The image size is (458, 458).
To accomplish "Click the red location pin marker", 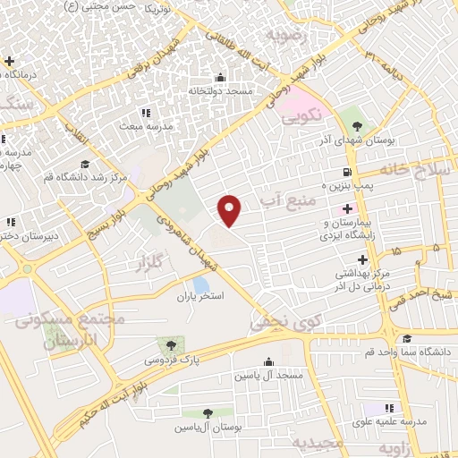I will tap(231, 209).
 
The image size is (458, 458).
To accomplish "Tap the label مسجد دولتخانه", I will tap(221, 91).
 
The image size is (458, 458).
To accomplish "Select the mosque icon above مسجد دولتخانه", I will tap(221, 78).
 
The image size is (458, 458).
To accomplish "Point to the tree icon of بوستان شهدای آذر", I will tap(358, 124).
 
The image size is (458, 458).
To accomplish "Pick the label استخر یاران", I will tap(199, 294).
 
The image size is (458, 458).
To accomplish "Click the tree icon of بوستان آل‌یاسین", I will tap(208, 413).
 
